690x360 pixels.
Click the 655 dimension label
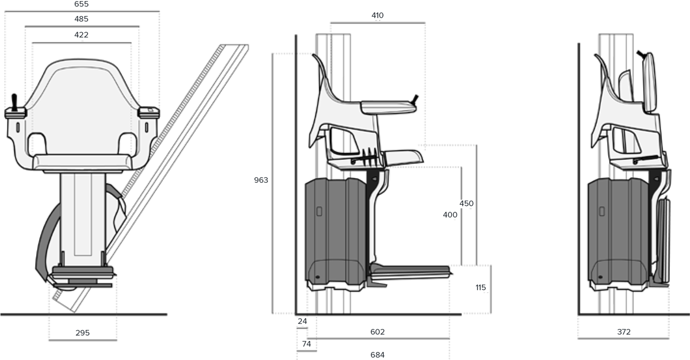81,4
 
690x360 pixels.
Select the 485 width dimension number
81,19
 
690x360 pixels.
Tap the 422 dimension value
81,35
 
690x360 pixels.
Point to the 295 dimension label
83,333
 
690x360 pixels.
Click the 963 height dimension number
261,180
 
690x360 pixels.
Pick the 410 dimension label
377,16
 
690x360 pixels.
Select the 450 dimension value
466,204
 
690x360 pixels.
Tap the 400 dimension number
450,215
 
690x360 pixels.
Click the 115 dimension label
481,288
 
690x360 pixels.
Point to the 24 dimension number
302,321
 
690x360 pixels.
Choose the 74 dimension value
306,344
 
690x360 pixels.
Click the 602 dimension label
377,332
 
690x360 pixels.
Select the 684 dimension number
377,355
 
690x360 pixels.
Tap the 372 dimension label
624,332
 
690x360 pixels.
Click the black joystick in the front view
14,102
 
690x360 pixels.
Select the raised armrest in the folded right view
649,83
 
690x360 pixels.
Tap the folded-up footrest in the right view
663,241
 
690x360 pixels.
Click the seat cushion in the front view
83,162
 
